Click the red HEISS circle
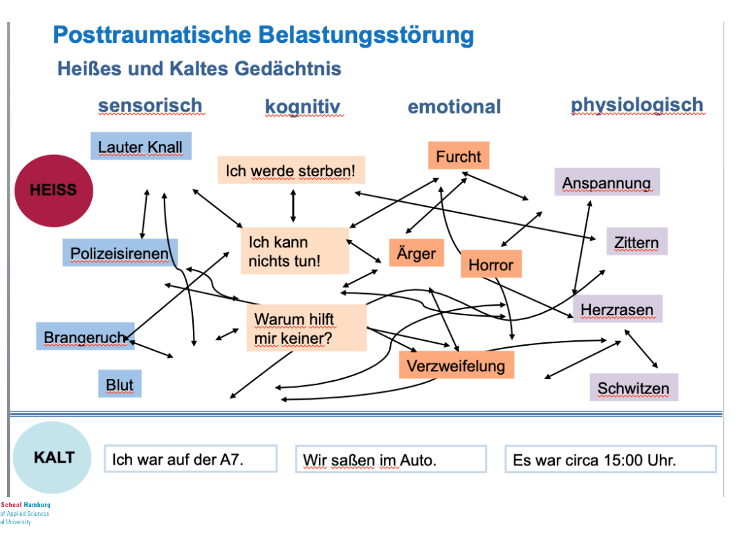coord(54,190)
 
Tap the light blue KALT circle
coord(52,457)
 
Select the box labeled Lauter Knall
coord(140,147)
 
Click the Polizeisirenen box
coord(120,253)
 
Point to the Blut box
coord(120,384)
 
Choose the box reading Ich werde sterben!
coord(295,170)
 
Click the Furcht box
coord(458,156)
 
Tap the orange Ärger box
coord(416,253)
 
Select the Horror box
coord(490,264)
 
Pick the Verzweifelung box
coord(456,365)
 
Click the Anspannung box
coord(607,183)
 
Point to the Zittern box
coord(636,242)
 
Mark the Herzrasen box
coord(617,309)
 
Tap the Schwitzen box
coord(633,388)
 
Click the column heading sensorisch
coord(150,106)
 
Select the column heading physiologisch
coord(636,105)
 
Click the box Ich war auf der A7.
coord(190,458)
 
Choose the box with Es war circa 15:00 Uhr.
coord(609,459)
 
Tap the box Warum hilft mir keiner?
coord(306,328)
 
